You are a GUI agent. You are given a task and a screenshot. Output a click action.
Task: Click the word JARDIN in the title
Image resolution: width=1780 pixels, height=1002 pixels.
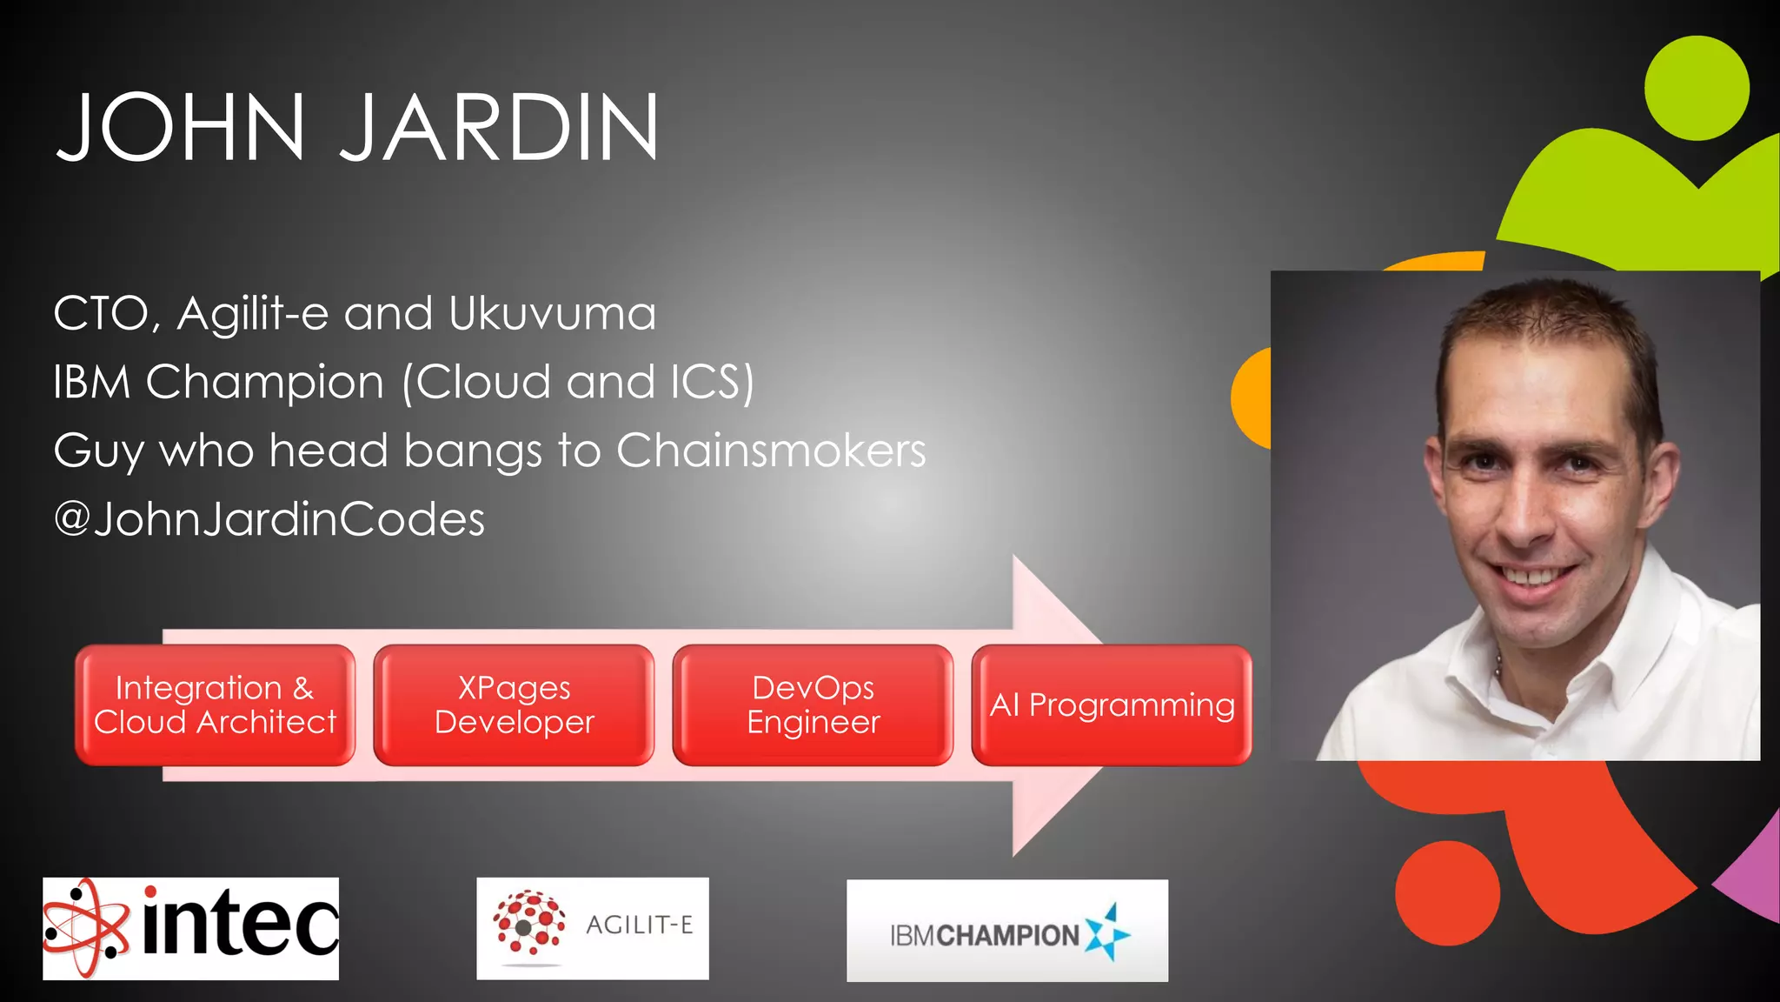499,128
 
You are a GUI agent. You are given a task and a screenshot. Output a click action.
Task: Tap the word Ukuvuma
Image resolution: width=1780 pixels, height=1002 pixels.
552,314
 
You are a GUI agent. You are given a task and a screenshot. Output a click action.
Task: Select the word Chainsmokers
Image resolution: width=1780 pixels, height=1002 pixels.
771,451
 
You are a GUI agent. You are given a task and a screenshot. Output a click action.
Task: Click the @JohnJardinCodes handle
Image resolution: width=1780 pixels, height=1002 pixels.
269,519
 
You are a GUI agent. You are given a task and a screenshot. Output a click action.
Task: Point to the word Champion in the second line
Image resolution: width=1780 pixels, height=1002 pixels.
264,383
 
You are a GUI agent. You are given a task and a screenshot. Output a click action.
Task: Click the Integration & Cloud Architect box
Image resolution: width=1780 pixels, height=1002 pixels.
215,705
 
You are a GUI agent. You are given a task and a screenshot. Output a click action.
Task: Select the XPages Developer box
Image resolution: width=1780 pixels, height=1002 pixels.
514,705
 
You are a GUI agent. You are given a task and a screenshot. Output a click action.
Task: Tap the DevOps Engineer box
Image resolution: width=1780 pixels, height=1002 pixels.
813,705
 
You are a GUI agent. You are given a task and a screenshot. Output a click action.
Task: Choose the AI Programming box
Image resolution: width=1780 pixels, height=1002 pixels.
1112,705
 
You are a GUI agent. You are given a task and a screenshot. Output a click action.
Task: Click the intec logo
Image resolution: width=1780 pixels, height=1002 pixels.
190,928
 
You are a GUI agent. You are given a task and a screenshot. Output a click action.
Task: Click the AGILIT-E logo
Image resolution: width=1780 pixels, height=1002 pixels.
592,928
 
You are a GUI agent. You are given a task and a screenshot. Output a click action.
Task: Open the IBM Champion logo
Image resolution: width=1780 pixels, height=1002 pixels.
1006,931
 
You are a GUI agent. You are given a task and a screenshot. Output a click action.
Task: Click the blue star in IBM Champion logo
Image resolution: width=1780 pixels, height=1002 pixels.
1107,932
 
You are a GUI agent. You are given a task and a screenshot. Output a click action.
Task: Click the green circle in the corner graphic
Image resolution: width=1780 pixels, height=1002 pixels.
1696,88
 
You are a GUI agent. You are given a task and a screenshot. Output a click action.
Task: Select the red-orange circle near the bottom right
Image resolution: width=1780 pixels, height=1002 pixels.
1447,893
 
